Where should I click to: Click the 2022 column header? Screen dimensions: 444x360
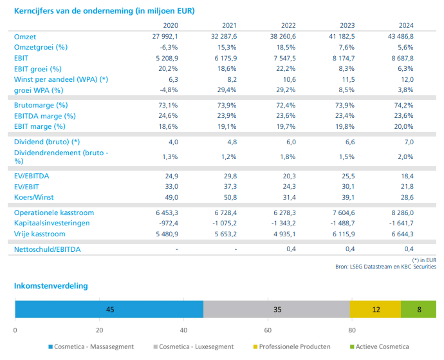(x=288, y=26)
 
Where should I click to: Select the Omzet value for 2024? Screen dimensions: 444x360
(x=401, y=37)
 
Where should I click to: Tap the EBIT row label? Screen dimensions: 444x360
(x=21, y=58)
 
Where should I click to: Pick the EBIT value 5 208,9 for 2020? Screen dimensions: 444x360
(x=167, y=58)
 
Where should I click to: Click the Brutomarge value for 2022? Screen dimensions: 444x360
(x=286, y=105)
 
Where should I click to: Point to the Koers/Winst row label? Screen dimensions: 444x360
(x=33, y=197)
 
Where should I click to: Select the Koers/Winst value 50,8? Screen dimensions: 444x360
(x=230, y=197)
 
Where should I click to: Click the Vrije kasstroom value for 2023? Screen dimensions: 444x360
(x=344, y=234)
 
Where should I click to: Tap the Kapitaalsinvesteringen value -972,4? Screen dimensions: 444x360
(x=169, y=223)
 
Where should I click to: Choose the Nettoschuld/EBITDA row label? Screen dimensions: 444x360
(x=47, y=249)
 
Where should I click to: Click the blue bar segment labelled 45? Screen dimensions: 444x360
(x=109, y=309)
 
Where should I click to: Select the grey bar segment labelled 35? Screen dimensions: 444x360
(x=277, y=309)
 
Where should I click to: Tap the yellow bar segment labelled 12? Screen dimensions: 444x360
(x=376, y=309)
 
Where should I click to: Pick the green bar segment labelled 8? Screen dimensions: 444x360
(x=418, y=309)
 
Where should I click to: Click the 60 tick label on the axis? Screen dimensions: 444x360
(x=268, y=330)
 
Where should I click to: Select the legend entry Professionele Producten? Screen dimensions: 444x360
(x=291, y=346)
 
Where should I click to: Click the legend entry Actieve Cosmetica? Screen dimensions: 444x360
(x=380, y=346)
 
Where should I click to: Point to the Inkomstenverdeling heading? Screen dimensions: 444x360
(x=51, y=286)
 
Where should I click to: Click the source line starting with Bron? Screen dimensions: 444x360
(x=385, y=267)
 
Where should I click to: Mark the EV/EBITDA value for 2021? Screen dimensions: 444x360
(x=230, y=176)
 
